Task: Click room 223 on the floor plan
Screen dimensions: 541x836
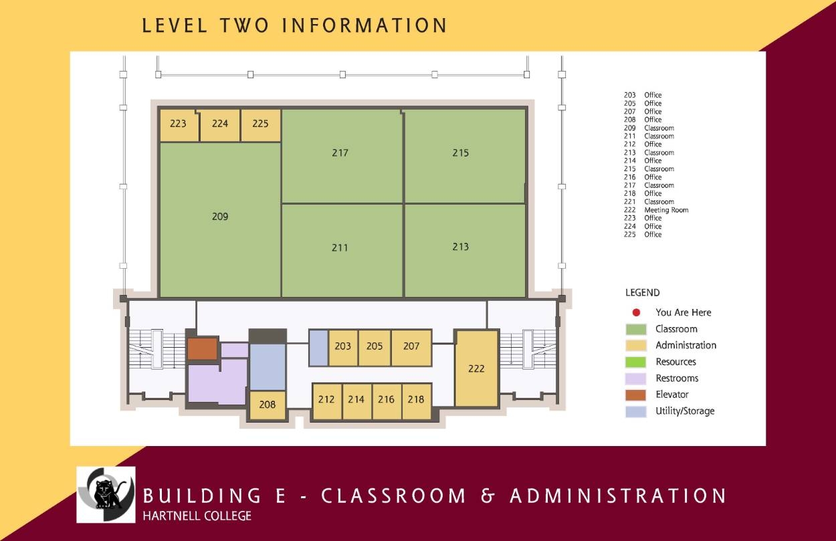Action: click(x=179, y=124)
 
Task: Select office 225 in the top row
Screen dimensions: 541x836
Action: click(x=260, y=124)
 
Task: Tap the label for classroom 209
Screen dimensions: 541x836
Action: click(x=220, y=217)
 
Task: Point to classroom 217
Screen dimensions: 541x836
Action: click(x=340, y=153)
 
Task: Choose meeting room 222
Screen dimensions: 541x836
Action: click(x=476, y=368)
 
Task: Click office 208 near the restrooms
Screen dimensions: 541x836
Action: click(x=268, y=405)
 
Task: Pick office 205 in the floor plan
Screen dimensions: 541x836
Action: click(x=375, y=346)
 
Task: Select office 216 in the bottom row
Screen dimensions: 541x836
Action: click(x=386, y=400)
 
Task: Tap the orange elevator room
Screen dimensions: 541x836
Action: click(x=202, y=348)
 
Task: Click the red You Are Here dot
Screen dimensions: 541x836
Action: click(x=637, y=312)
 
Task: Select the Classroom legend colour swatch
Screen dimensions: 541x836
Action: click(x=636, y=329)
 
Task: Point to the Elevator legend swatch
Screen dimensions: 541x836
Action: click(x=636, y=395)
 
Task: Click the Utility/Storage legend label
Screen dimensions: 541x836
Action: click(x=685, y=411)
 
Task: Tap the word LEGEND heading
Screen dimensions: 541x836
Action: click(x=642, y=293)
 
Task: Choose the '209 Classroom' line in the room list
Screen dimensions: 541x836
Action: click(x=649, y=128)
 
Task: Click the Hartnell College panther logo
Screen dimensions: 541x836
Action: click(x=106, y=495)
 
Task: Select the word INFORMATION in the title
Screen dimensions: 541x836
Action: click(x=364, y=25)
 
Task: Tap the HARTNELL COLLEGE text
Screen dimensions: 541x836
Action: click(x=197, y=516)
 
